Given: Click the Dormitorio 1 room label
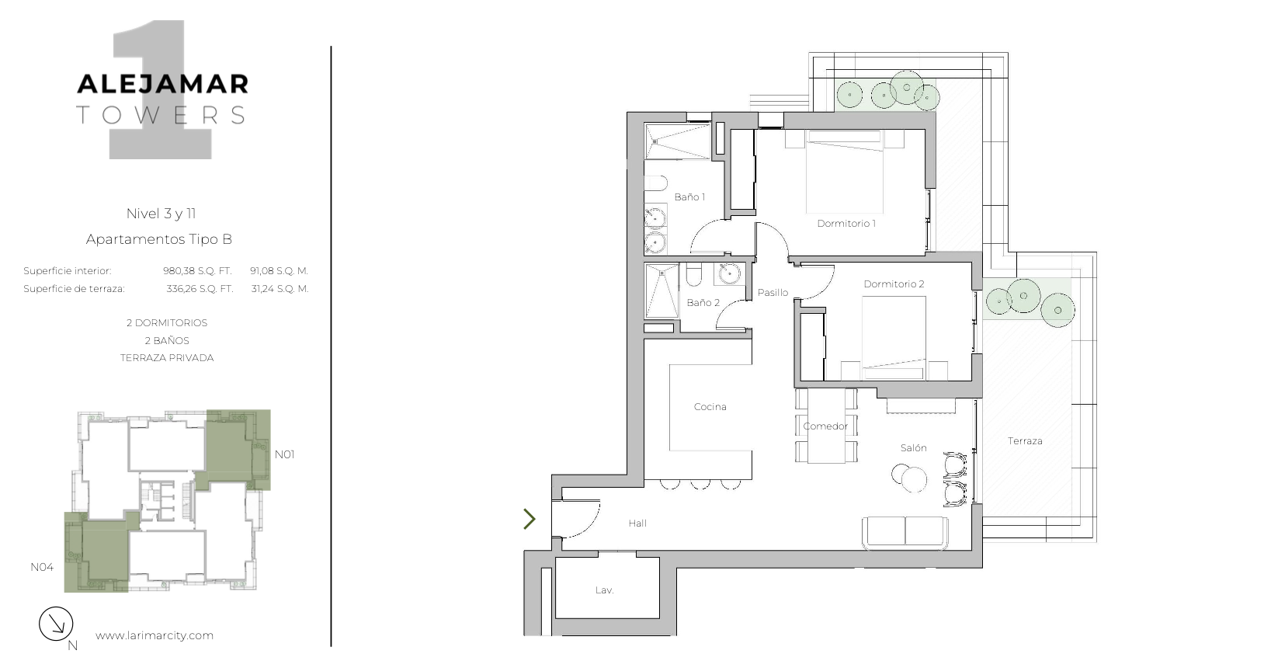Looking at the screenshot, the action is click(846, 224).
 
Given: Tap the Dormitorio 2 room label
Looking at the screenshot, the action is click(894, 284).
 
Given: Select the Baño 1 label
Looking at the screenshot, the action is click(689, 197).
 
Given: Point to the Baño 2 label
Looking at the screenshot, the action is click(703, 303).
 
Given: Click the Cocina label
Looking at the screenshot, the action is click(710, 406).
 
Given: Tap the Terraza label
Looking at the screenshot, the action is click(1025, 441).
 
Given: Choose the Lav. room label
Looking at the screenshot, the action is click(604, 590).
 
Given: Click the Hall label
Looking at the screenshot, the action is click(637, 524).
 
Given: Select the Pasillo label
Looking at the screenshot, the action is click(773, 292).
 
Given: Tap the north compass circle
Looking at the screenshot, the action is click(56, 624).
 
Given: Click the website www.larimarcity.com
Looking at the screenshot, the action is click(155, 635).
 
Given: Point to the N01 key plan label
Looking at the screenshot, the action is click(284, 454).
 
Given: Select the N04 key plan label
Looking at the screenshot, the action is click(42, 567).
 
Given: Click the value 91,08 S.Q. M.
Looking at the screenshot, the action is click(280, 271).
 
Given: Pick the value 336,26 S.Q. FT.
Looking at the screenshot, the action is click(200, 289).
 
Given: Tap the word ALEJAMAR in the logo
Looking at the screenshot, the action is click(162, 84).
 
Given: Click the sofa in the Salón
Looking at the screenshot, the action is click(905, 533).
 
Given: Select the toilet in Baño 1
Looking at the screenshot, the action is click(656, 183).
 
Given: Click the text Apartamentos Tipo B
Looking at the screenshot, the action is click(159, 239).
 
